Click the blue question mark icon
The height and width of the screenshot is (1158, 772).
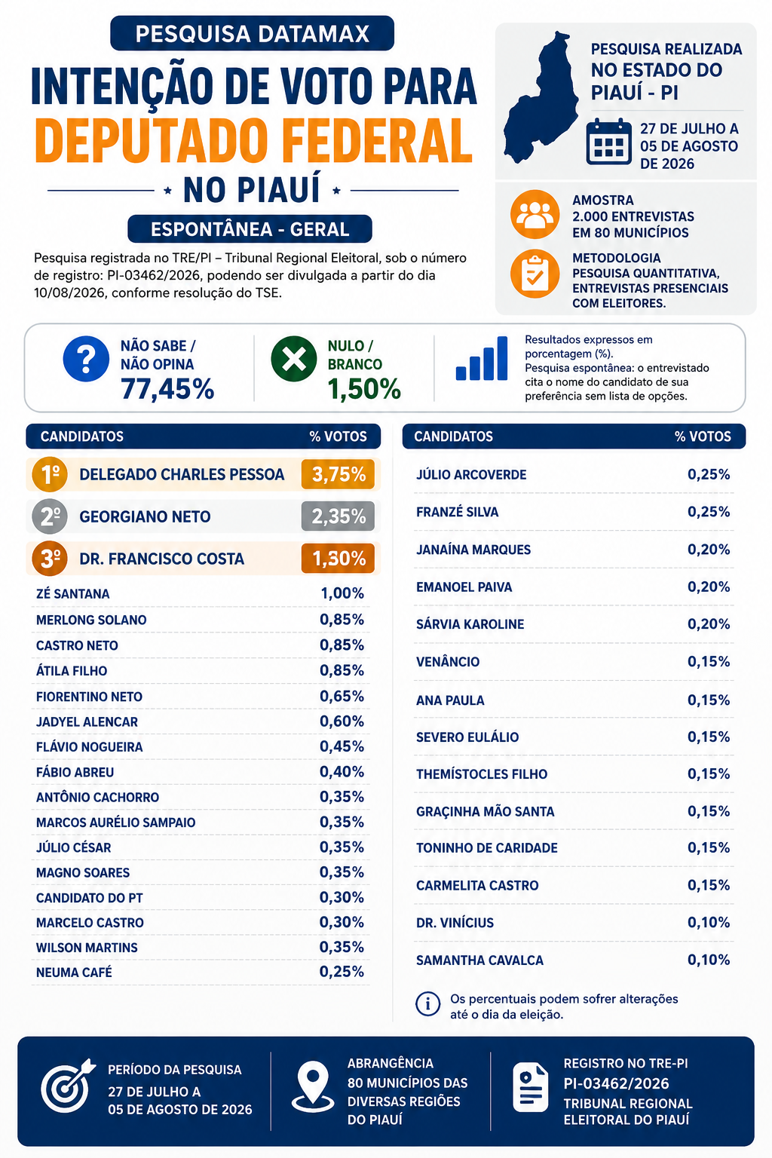[86, 359]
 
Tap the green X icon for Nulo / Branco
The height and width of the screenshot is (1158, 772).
[294, 359]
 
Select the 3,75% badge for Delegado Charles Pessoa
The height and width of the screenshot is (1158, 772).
[339, 474]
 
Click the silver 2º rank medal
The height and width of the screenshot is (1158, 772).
[50, 516]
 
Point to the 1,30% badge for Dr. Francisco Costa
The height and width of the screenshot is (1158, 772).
[339, 559]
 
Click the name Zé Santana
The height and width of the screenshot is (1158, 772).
[73, 593]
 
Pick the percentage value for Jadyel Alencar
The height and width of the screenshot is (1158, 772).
[342, 721]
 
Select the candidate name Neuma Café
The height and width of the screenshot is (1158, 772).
[74, 973]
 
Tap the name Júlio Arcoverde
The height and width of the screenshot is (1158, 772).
[472, 474]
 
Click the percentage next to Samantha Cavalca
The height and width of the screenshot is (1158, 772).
[709, 960]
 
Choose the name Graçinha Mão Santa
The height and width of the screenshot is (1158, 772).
[486, 812]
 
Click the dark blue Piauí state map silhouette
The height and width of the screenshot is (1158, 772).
[541, 97]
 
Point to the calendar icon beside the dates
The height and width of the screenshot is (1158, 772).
[609, 142]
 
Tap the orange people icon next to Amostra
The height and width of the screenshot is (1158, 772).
[535, 215]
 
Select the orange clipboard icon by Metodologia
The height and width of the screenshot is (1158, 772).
[535, 274]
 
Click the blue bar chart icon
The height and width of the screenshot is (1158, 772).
[482, 358]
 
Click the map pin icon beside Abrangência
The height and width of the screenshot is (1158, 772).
[313, 1086]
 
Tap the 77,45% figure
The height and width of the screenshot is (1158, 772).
[167, 389]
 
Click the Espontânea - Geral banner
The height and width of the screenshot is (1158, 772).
[250, 229]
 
